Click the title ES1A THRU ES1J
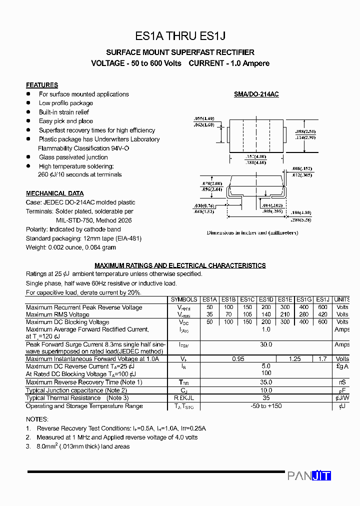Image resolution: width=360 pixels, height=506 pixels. click(x=180, y=36)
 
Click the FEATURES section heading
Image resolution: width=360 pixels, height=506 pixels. click(x=42, y=85)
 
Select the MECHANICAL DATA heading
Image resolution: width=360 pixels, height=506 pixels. click(x=55, y=193)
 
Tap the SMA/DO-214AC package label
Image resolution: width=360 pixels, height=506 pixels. click(x=256, y=94)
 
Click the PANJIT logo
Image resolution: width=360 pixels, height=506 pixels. click(x=309, y=476)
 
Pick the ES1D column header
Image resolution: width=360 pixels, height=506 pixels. click(x=266, y=299)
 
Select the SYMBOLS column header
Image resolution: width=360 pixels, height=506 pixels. click(x=184, y=299)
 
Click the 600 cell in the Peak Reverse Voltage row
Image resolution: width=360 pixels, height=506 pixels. click(x=322, y=307)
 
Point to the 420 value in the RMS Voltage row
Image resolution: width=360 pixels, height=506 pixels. click(x=322, y=314)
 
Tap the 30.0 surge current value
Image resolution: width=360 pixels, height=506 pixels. click(x=266, y=344)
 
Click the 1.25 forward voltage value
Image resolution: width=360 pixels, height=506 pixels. click(x=294, y=359)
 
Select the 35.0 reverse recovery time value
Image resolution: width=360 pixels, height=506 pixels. click(x=266, y=382)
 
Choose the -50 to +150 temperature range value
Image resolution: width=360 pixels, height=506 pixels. click(x=266, y=405)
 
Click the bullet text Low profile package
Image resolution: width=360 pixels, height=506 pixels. click(x=66, y=103)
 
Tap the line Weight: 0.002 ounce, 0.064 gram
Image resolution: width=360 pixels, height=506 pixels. click(x=71, y=247)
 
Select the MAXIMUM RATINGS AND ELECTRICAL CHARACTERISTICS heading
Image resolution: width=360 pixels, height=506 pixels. click(x=180, y=265)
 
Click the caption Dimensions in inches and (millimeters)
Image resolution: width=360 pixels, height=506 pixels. click(x=252, y=233)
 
